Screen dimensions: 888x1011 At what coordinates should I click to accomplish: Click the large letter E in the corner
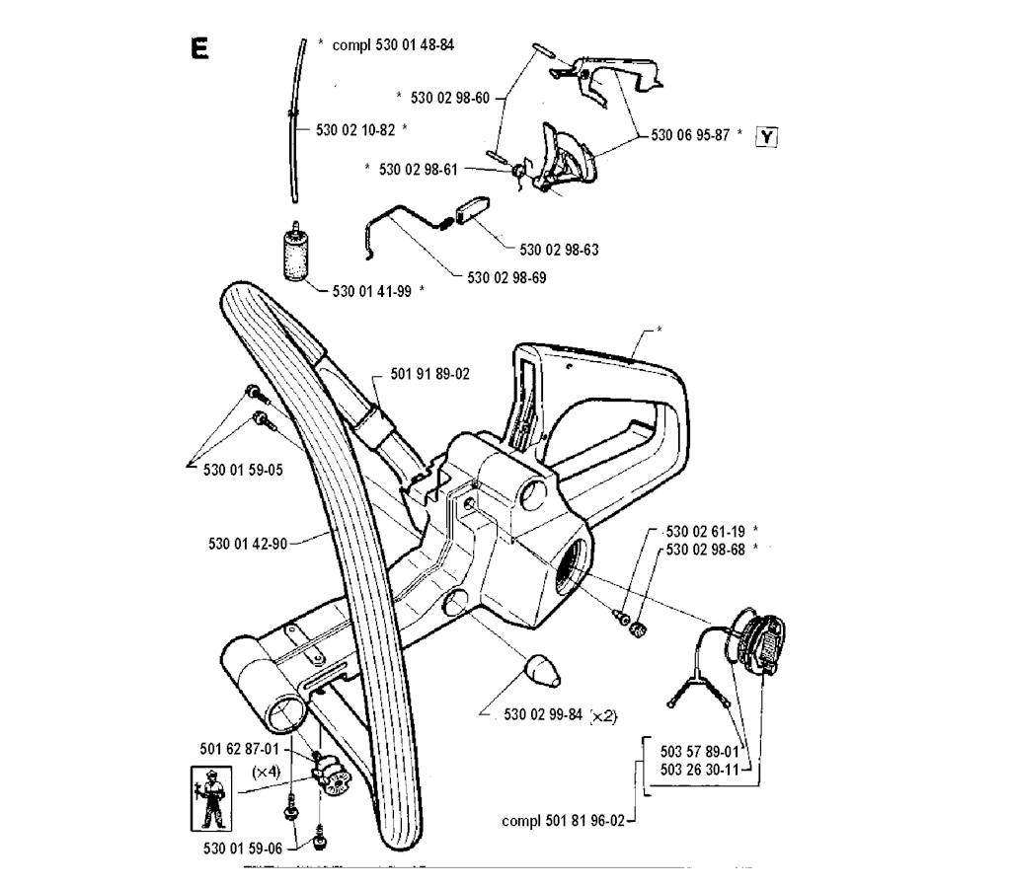pos(199,48)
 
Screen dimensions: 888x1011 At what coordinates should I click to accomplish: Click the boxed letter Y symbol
pos(766,137)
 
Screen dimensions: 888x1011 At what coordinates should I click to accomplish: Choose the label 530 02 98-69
pos(506,277)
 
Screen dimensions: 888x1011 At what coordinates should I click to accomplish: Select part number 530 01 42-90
pos(248,542)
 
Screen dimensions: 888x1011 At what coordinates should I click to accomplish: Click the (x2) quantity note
pos(603,716)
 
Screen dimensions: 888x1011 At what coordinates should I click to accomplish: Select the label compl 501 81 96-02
pos(563,820)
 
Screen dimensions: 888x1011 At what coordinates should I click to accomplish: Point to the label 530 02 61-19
pos(705,531)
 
